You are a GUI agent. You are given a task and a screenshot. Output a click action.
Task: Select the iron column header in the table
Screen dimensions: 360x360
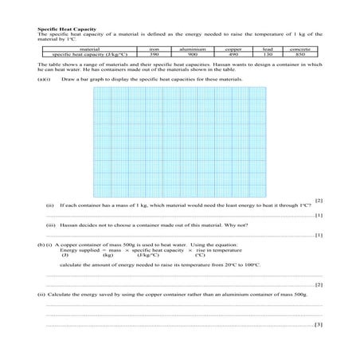(154, 49)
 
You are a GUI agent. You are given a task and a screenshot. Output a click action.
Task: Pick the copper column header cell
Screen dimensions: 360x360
(233, 49)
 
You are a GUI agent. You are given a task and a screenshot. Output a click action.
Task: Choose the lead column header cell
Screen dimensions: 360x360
(267, 49)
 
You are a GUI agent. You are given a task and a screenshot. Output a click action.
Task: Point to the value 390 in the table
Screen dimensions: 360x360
(154, 53)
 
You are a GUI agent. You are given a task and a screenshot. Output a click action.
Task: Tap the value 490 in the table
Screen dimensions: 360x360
(233, 53)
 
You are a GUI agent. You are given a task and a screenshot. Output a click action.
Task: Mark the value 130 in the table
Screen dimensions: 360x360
(267, 53)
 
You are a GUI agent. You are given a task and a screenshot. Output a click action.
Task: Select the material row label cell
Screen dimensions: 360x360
(89, 49)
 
